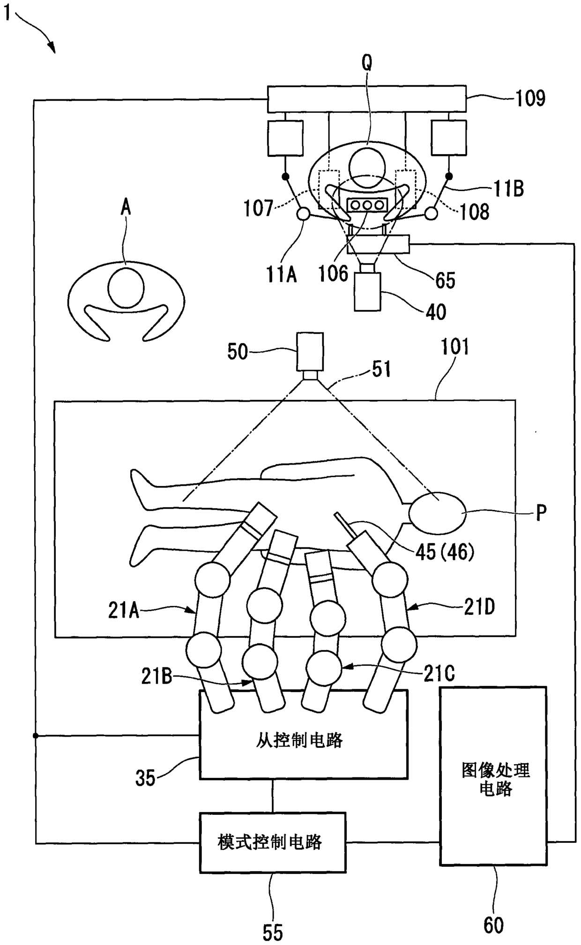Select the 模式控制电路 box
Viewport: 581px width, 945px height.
[272, 842]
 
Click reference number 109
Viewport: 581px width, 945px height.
[530, 98]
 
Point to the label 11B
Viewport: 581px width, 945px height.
[509, 189]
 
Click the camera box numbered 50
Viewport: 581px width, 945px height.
[309, 351]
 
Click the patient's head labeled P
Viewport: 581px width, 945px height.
[438, 512]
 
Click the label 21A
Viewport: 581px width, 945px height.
[124, 611]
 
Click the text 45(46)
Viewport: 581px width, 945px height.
[445, 553]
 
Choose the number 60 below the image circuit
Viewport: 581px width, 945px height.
[493, 925]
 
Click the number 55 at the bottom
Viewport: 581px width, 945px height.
[272, 932]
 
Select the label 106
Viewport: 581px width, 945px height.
[333, 273]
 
